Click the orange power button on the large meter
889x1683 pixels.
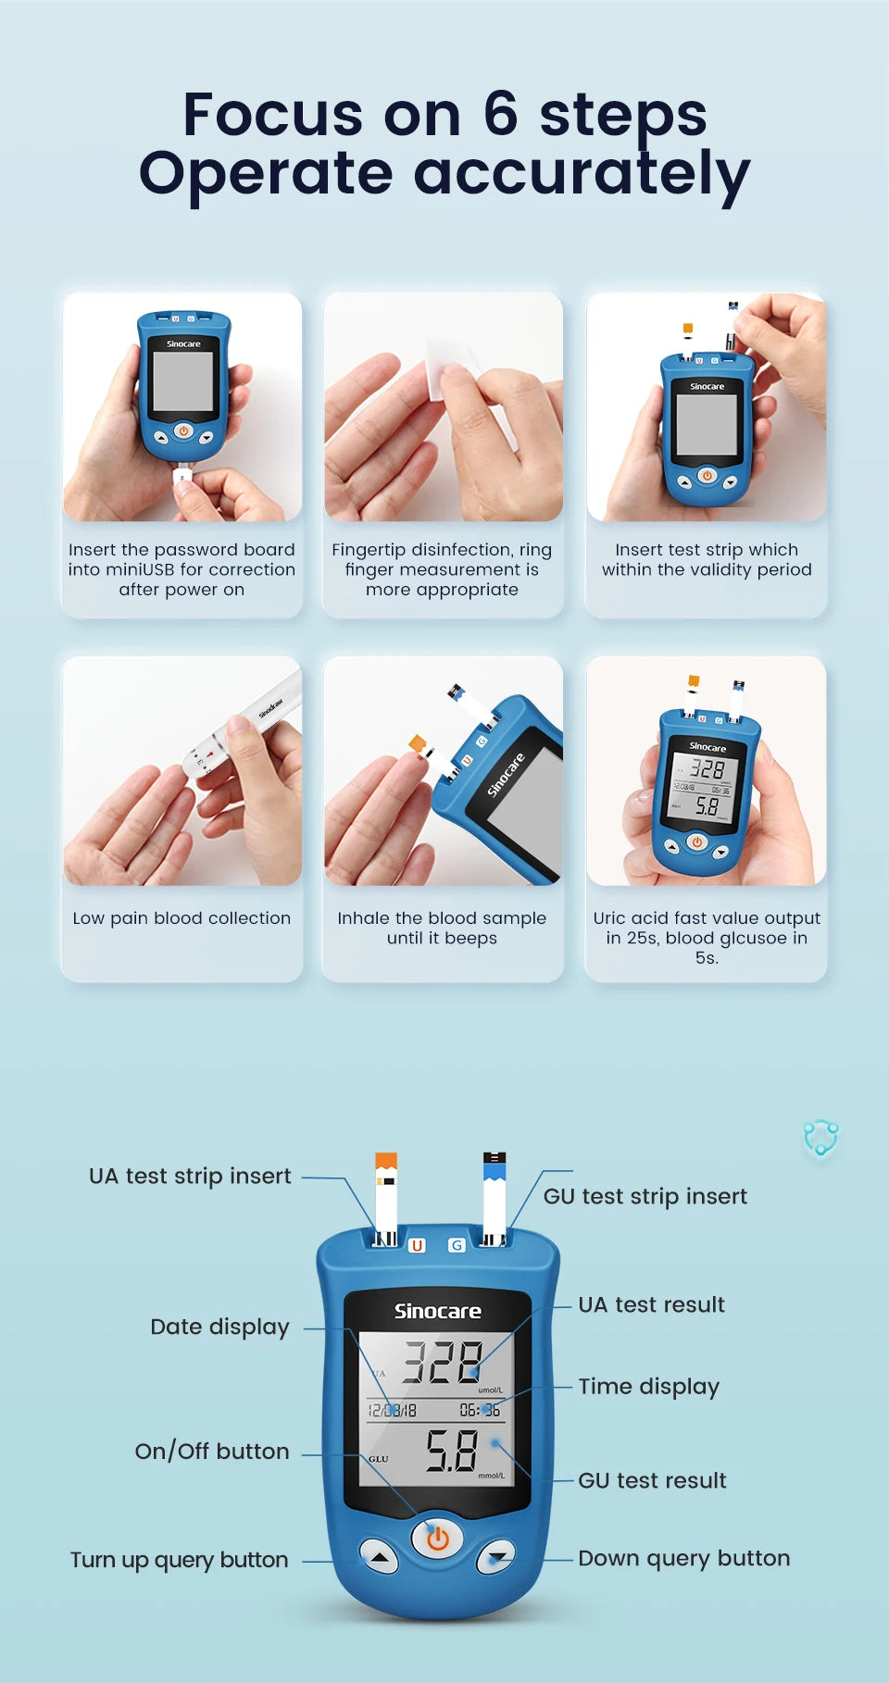point(437,1539)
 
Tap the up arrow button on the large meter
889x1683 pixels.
point(379,1558)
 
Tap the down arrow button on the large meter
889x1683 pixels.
point(497,1558)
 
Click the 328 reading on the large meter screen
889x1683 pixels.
point(442,1363)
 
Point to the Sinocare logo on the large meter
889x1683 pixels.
point(437,1311)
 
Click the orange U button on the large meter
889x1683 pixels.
point(418,1245)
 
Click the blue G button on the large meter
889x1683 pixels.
point(457,1245)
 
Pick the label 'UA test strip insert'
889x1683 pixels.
point(190,1176)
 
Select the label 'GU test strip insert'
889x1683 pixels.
point(645,1196)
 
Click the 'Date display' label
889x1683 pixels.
point(219,1327)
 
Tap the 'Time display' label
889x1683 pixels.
point(648,1386)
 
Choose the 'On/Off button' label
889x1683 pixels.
point(212,1451)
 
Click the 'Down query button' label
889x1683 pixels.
point(683,1558)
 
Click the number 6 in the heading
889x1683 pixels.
point(500,114)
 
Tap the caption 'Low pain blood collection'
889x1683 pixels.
point(182,918)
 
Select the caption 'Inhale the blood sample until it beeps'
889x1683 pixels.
point(442,928)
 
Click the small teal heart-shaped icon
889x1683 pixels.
point(820,1137)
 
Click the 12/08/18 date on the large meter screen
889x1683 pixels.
point(393,1410)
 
